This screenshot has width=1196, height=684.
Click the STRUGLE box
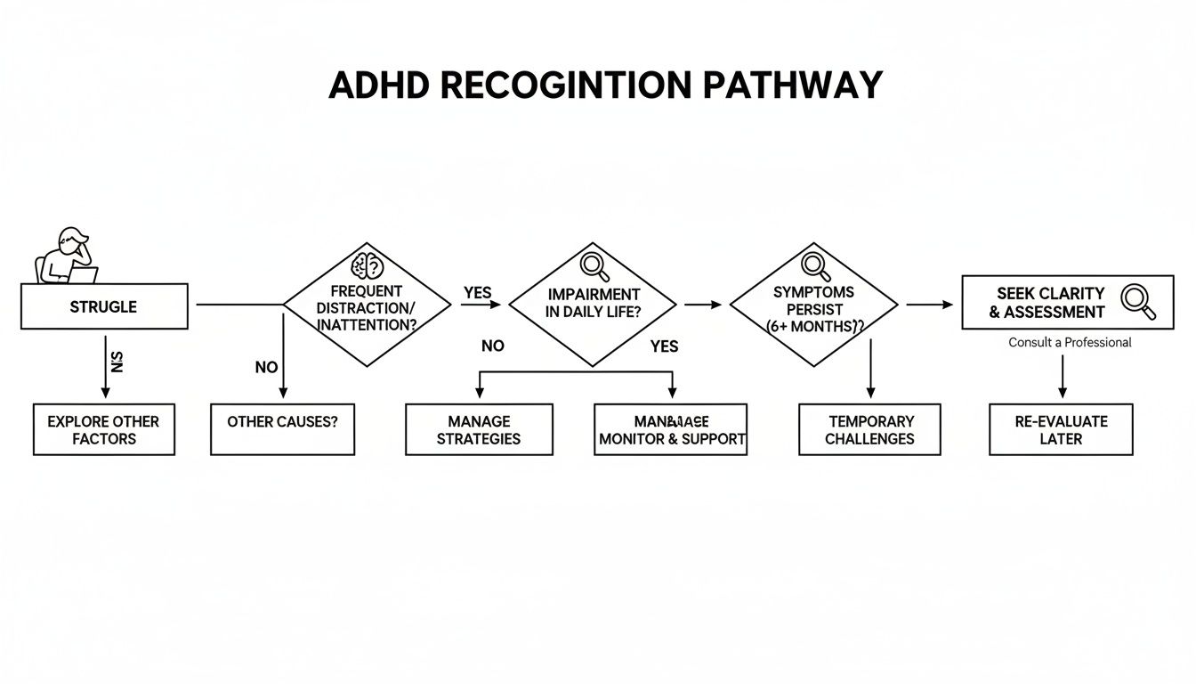coord(104,306)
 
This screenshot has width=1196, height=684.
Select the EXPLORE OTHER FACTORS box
coord(104,430)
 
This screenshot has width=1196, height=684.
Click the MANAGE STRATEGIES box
coord(479,430)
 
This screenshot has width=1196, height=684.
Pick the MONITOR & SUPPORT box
coord(671,430)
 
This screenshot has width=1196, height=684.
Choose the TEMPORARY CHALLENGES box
coord(869,430)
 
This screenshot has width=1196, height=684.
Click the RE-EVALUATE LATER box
coord(1061,430)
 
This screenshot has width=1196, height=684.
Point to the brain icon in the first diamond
coord(367,265)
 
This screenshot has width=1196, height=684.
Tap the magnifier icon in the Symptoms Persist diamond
coord(813,265)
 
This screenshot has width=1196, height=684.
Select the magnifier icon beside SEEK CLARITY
coord(1138,301)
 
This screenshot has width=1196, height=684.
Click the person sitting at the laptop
coord(65,256)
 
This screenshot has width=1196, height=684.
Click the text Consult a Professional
coord(1070,343)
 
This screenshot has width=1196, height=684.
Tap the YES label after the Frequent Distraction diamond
coord(477,293)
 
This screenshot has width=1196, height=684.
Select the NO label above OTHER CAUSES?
coord(266,368)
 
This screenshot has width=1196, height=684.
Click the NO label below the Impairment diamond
coord(492,346)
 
